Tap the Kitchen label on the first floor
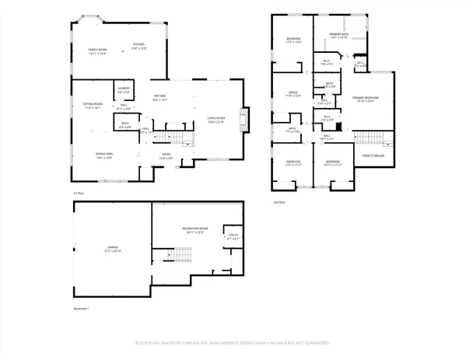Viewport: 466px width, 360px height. pyautogui.click(x=138, y=46)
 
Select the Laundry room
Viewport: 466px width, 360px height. pyautogui.click(x=122, y=90)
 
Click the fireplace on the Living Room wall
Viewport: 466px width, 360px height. pyautogui.click(x=245, y=119)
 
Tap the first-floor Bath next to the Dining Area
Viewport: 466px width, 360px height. pyautogui.click(x=124, y=124)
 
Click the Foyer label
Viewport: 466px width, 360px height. pyautogui.click(x=166, y=156)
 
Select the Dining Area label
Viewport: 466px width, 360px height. pyautogui.click(x=103, y=156)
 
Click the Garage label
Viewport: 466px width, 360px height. pyautogui.click(x=114, y=249)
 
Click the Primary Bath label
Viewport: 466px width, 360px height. pyautogui.click(x=338, y=36)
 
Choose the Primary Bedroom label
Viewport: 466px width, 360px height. pyautogui.click(x=366, y=100)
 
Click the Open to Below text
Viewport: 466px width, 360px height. pyautogui.click(x=373, y=156)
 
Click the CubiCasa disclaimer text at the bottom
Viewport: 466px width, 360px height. pyautogui.click(x=233, y=342)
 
